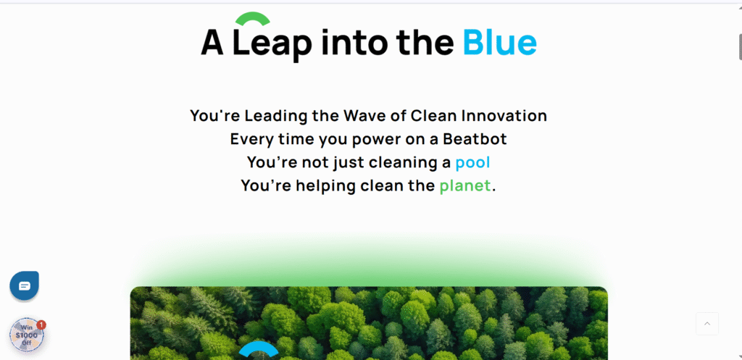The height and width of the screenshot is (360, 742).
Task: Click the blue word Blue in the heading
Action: [500, 42]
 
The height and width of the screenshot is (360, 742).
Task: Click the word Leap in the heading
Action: [272, 45]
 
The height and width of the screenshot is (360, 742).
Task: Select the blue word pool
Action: [472, 163]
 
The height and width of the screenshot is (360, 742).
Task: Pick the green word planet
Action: [465, 186]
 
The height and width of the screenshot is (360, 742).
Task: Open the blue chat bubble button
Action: [24, 285]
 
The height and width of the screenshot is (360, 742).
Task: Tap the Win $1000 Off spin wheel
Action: [27, 335]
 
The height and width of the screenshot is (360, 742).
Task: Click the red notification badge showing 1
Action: [41, 325]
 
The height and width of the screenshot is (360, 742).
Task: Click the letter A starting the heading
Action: [212, 43]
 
